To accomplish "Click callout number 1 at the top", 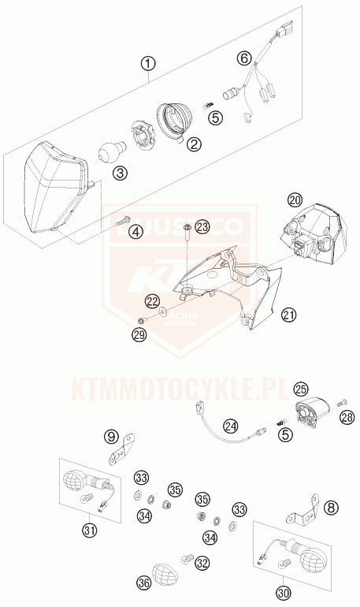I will pyautogui.click(x=149, y=62).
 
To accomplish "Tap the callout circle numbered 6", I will pyautogui.click(x=244, y=58).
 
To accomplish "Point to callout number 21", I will pyautogui.click(x=291, y=315).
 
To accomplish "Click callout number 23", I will pyautogui.click(x=202, y=227).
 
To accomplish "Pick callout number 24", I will pyautogui.click(x=230, y=426).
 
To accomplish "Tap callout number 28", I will pyautogui.click(x=347, y=416).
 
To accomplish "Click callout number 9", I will pyautogui.click(x=111, y=436).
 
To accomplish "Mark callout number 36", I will pyautogui.click(x=143, y=583).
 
